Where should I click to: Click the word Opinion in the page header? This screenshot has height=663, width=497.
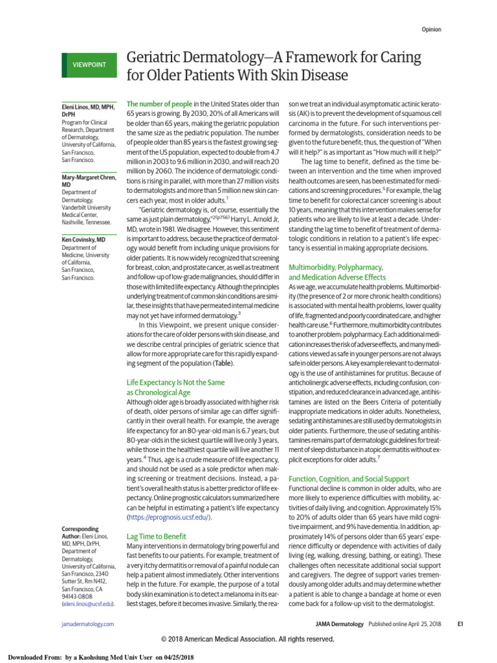tap(432, 29)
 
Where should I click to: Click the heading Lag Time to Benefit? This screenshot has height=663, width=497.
tap(156, 536)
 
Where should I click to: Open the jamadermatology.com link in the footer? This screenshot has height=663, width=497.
tap(83, 624)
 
